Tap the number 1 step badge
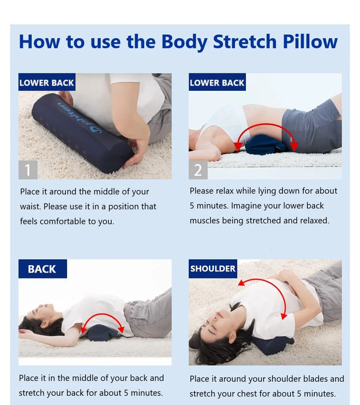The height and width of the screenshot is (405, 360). click(x=28, y=170)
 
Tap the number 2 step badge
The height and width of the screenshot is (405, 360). click(x=199, y=170)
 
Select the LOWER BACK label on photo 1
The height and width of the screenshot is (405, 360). click(x=47, y=82)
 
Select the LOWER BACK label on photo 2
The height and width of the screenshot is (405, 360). click(x=217, y=82)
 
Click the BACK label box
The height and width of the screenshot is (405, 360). click(x=42, y=269)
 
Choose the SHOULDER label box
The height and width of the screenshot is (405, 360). click(x=213, y=268)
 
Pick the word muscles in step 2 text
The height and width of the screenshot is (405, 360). click(x=206, y=220)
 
